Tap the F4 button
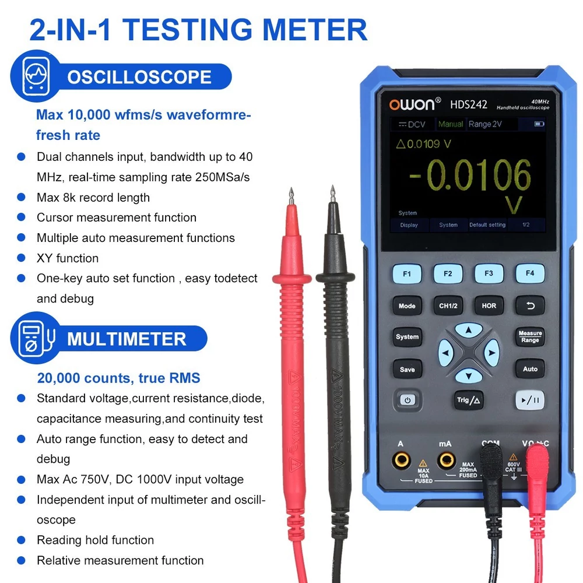530,273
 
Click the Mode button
407,306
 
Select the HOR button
489,305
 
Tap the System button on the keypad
407,337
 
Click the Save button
407,369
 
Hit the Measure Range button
530,336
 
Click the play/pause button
530,400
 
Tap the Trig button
469,400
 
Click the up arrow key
469,330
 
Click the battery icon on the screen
539,124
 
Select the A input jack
402,461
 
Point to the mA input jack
446,461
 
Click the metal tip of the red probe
291,196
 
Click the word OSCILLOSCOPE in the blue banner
139,77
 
